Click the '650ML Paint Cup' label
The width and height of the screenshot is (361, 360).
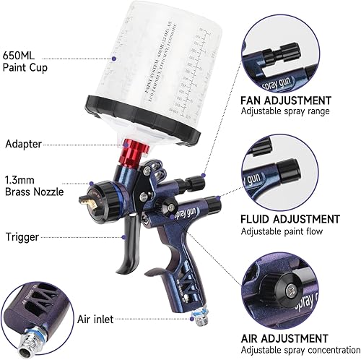[x=27, y=61]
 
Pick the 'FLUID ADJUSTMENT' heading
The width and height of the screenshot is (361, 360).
[x=290, y=218]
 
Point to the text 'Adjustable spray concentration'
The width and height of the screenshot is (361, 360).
[x=299, y=350]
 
